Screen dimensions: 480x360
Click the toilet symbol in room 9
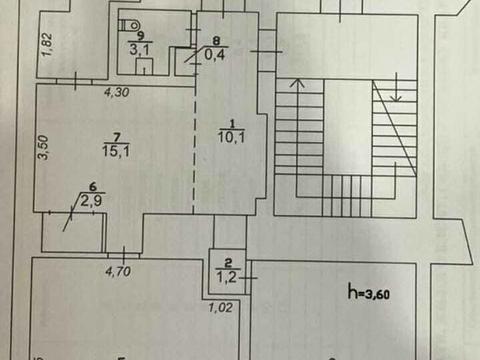pyautogui.click(x=131, y=24)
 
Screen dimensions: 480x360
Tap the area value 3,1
pyautogui.click(x=139, y=50)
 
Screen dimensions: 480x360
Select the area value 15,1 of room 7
pyautogui.click(x=116, y=151)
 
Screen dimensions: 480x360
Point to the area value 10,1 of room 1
pyautogui.click(x=231, y=137)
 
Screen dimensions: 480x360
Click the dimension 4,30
pyautogui.click(x=116, y=92)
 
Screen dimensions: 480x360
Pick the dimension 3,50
pyautogui.click(x=43, y=147)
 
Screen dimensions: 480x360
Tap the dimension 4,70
pyautogui.click(x=118, y=271)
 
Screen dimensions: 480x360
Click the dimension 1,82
pyautogui.click(x=46, y=44)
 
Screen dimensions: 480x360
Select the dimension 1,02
pyautogui.click(x=220, y=307)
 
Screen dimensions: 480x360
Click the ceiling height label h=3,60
pyautogui.click(x=369, y=292)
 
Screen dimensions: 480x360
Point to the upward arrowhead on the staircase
pyautogui.click(x=297, y=83)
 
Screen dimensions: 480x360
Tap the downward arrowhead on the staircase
pyautogui.click(x=396, y=97)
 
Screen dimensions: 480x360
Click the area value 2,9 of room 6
pyautogui.click(x=92, y=201)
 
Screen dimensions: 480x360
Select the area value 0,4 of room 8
pyautogui.click(x=215, y=54)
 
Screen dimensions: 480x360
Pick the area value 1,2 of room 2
pyautogui.click(x=227, y=276)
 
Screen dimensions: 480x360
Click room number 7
pyautogui.click(x=117, y=137)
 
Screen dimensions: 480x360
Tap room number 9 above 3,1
pyautogui.click(x=141, y=36)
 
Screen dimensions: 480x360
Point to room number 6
pyautogui.click(x=93, y=187)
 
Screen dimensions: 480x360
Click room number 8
pyautogui.click(x=216, y=41)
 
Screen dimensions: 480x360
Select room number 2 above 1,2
pyautogui.click(x=228, y=263)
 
